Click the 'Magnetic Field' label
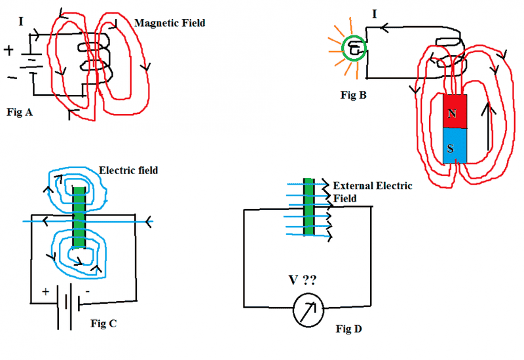tap(170, 23)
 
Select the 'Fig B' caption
tap(354, 95)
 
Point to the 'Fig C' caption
tap(103, 323)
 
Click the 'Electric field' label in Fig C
tap(128, 171)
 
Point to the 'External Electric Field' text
tap(372, 191)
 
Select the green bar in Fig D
tap(308, 207)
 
